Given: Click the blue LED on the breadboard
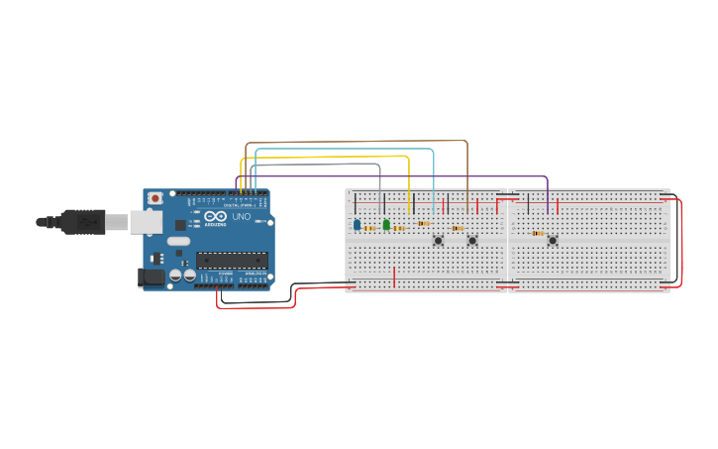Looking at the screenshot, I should [357, 225].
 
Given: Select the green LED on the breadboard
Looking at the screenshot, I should [386, 225].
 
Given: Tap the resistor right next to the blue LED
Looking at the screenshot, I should [370, 228].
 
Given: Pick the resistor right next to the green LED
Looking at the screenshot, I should [399, 228].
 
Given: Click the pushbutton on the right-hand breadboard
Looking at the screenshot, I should [553, 240].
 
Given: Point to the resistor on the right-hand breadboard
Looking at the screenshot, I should [538, 234].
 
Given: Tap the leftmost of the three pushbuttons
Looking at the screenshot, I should [438, 240].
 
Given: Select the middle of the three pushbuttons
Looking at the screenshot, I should [472, 240].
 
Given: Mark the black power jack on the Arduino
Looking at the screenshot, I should [151, 278].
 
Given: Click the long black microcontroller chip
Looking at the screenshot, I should [232, 261].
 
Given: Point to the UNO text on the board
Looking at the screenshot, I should [242, 216].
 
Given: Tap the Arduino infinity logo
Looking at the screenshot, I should [217, 216].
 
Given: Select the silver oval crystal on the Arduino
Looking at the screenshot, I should [178, 241].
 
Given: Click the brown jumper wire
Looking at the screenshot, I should [357, 142].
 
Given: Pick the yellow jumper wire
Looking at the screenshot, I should [327, 157].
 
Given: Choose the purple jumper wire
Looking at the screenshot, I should [396, 177].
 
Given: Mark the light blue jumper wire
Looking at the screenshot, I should [347, 150].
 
